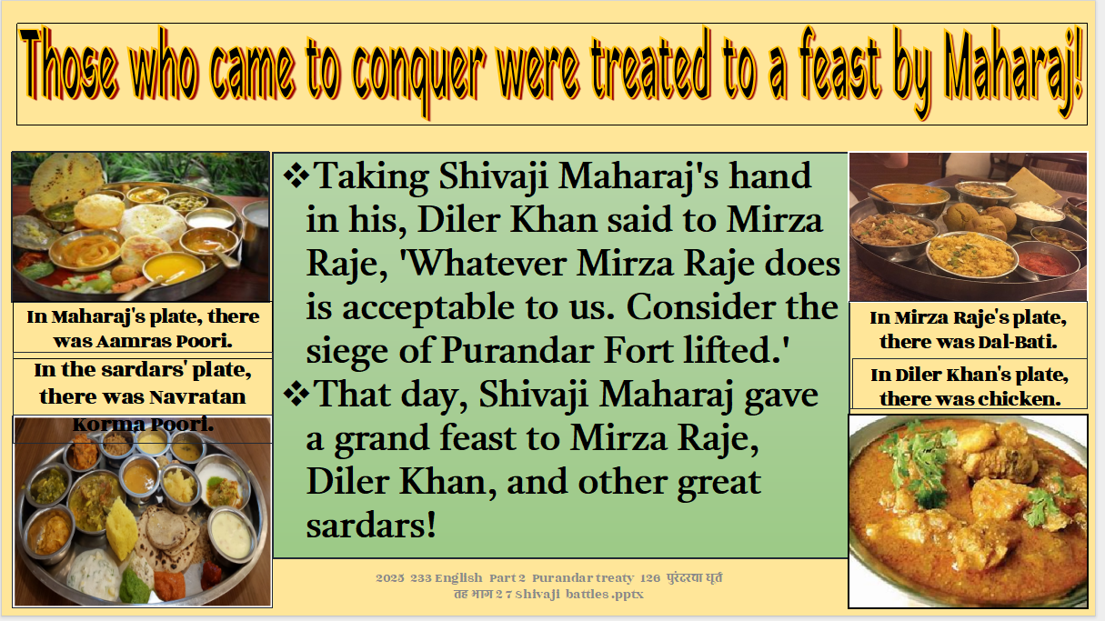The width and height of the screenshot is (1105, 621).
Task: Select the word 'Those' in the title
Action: click(69, 65)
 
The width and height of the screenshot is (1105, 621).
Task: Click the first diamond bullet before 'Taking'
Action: click(296, 175)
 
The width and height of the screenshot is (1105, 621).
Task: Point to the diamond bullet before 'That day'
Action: click(296, 394)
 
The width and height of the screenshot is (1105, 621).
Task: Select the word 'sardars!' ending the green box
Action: click(371, 525)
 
